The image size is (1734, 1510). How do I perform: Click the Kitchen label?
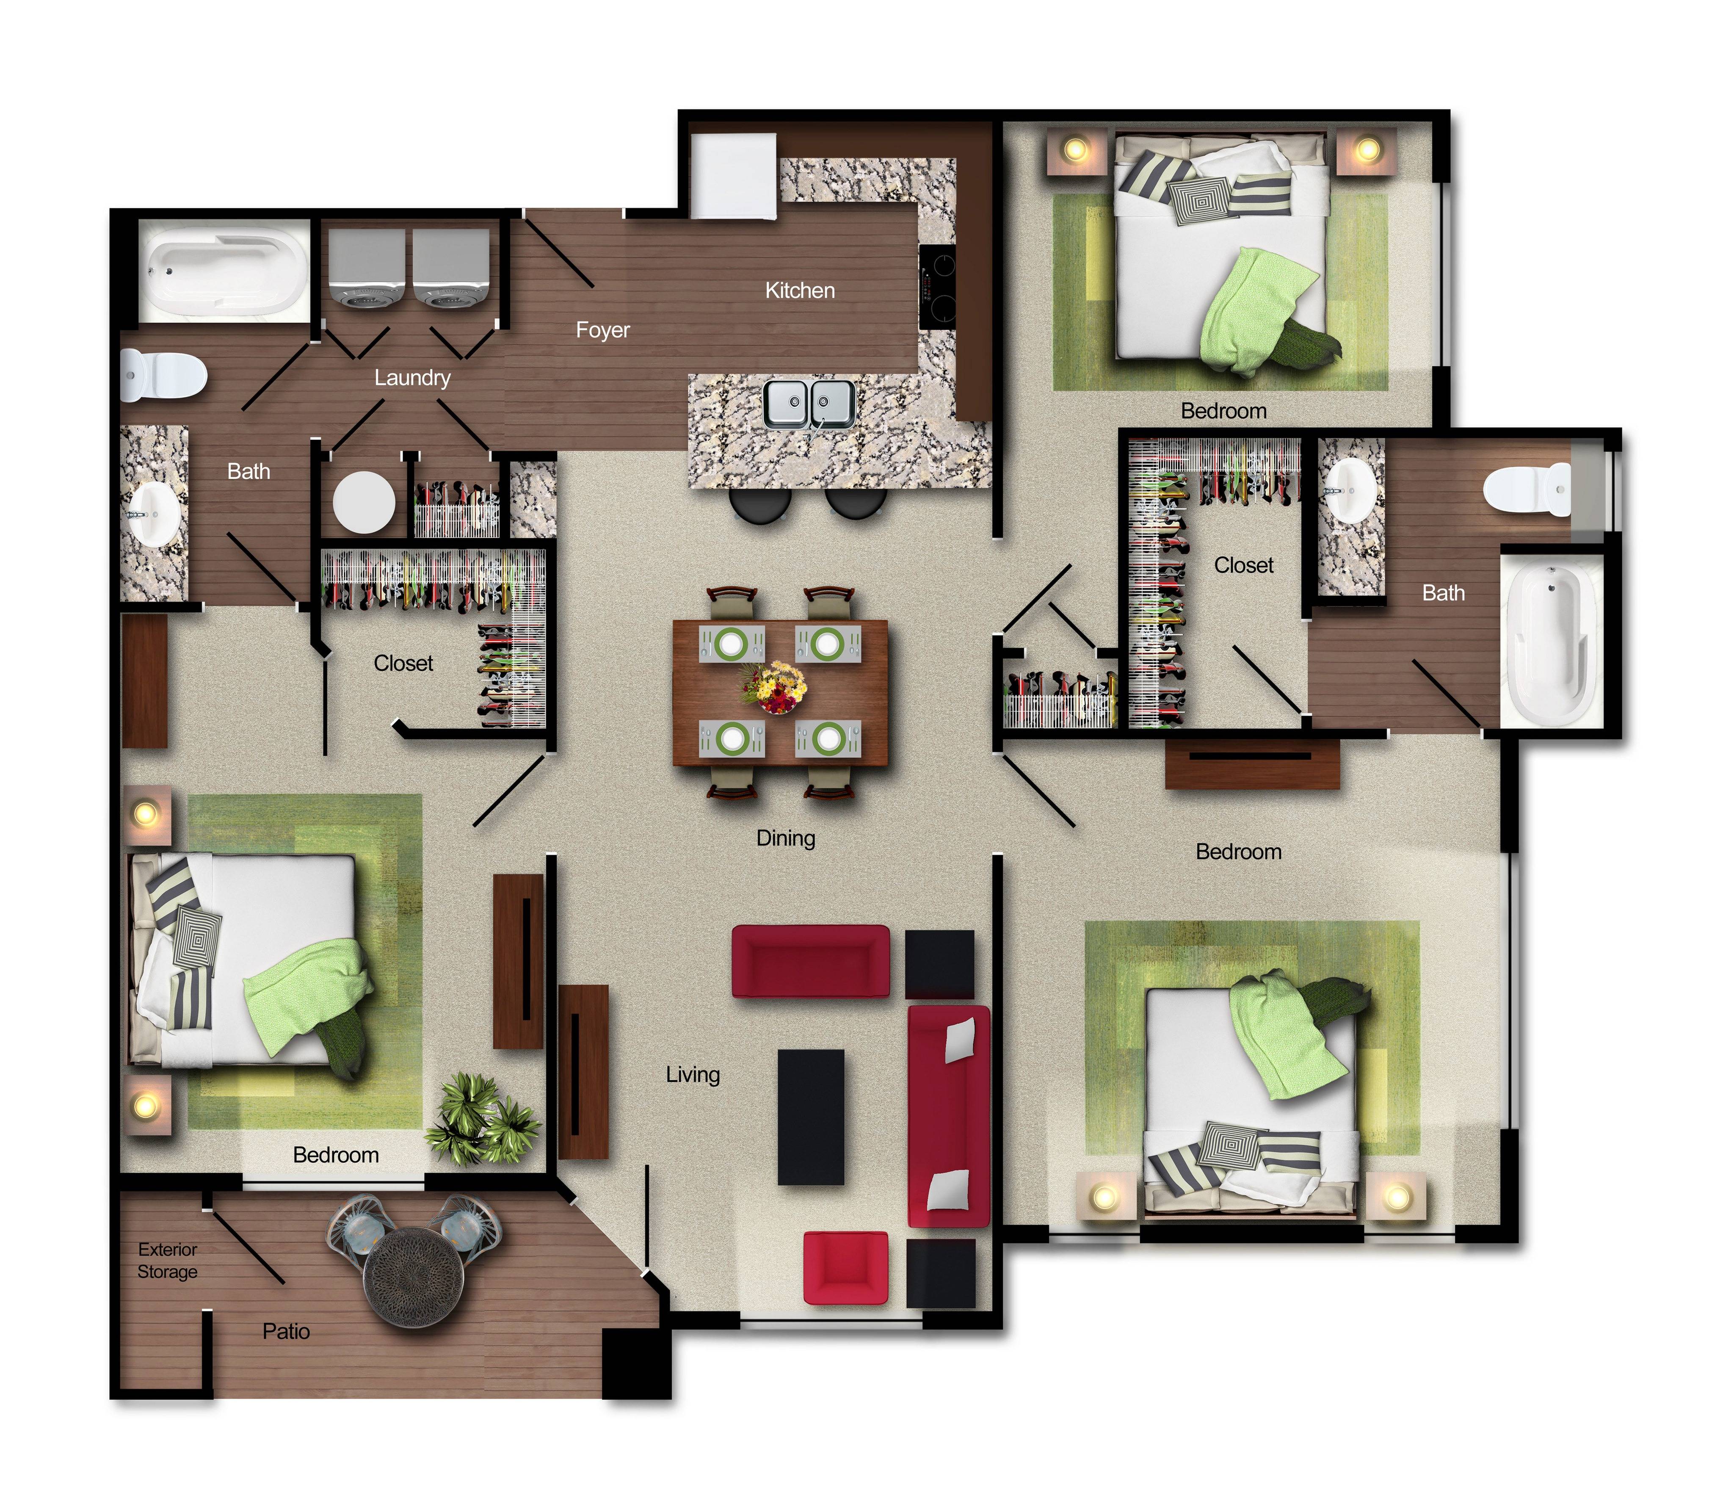800,291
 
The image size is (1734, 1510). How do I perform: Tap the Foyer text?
602,330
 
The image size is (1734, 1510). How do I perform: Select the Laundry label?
412,378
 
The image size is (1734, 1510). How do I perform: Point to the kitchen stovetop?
938,287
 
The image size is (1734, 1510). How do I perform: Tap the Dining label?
785,838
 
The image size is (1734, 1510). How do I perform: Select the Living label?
693,1075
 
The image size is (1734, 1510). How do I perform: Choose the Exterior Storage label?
168,1261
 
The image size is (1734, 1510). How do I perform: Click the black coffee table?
811,1117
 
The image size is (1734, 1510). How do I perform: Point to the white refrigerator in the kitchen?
733,176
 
